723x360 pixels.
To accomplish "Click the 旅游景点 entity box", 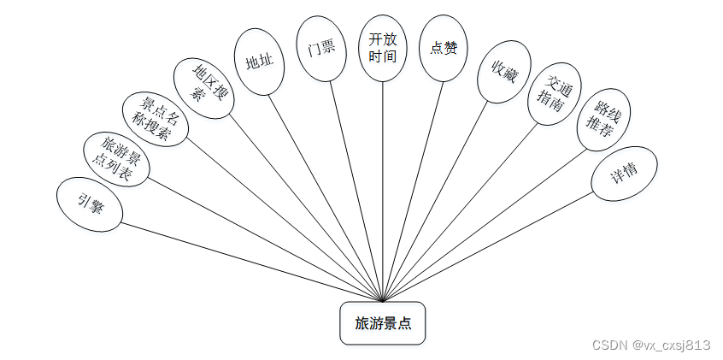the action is (x=382, y=323).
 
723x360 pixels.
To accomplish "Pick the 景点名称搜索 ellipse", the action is (x=154, y=118).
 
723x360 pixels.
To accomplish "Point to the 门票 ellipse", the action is (x=321, y=50).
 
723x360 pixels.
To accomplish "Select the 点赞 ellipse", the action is (x=444, y=49).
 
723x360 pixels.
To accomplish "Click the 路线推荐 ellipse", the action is (x=602, y=121).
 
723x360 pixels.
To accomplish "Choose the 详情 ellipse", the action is (x=624, y=174).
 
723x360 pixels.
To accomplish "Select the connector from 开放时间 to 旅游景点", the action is (x=383, y=188).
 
